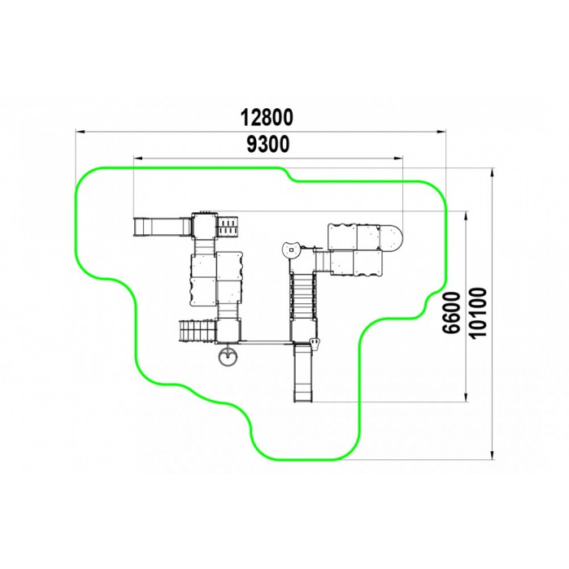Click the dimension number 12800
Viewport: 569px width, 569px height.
pyautogui.click(x=267, y=118)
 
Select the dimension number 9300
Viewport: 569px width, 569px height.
pyautogui.click(x=268, y=144)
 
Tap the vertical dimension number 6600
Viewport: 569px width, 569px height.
pyautogui.click(x=452, y=312)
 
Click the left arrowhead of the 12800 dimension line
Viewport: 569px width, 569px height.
pyautogui.click(x=80, y=131)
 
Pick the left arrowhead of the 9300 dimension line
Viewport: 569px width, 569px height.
pyautogui.click(x=138, y=158)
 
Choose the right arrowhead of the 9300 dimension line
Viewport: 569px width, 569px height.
pyautogui.click(x=398, y=158)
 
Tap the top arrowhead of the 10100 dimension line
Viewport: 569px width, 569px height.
pyautogui.click(x=492, y=172)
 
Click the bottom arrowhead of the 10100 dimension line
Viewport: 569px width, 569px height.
pyautogui.click(x=492, y=455)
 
